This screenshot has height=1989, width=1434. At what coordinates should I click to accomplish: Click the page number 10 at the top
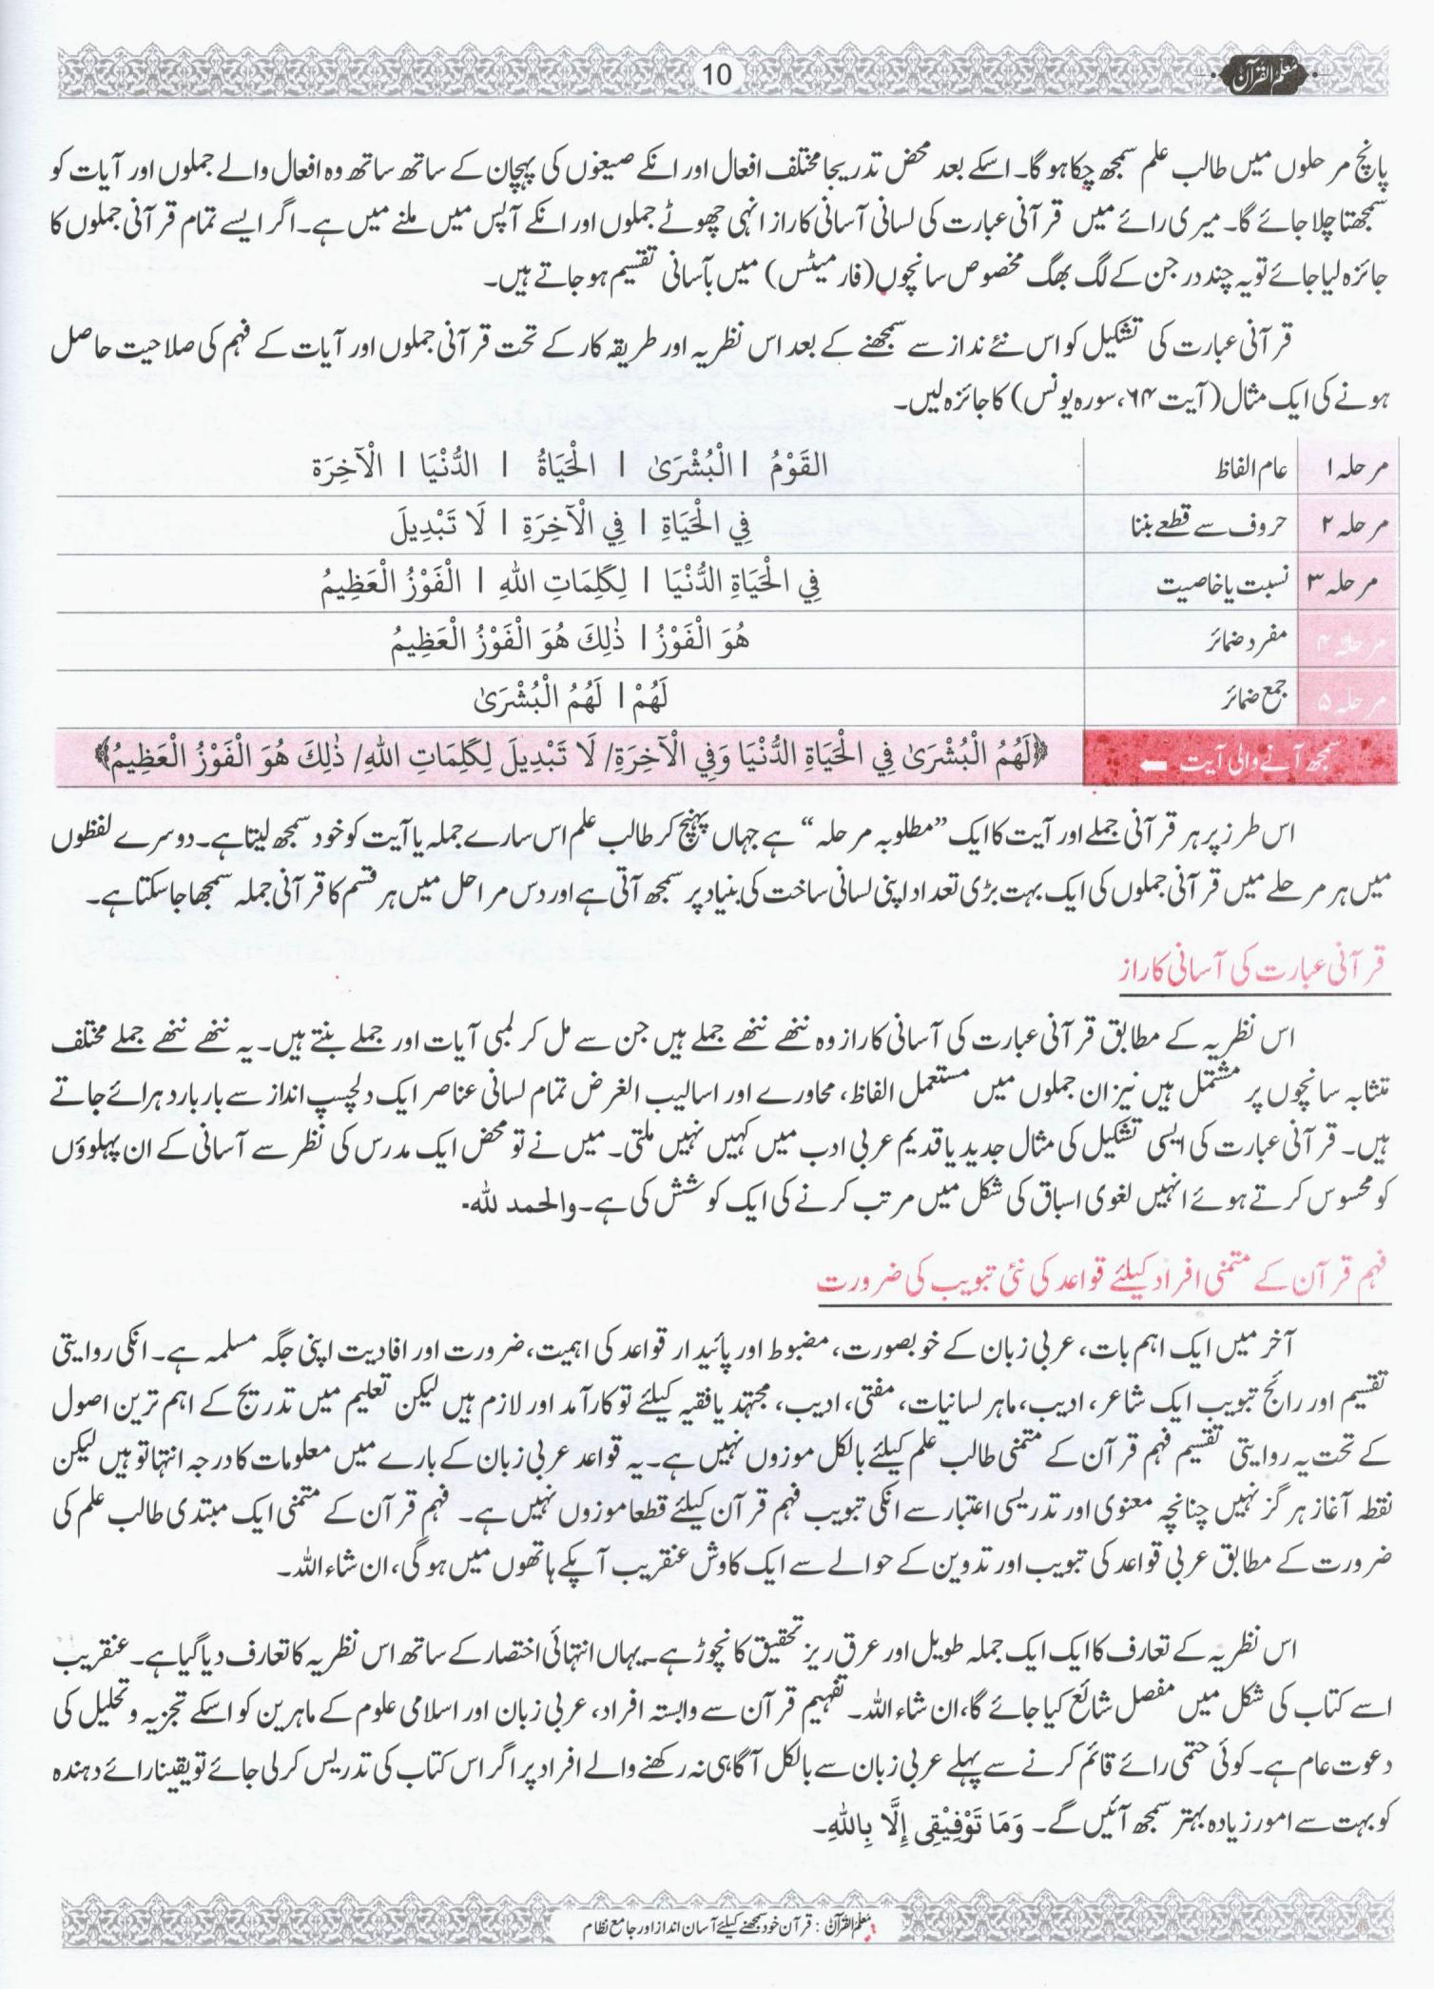coord(717,75)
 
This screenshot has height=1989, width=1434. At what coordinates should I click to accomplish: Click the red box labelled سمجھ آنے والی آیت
coord(1240,759)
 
